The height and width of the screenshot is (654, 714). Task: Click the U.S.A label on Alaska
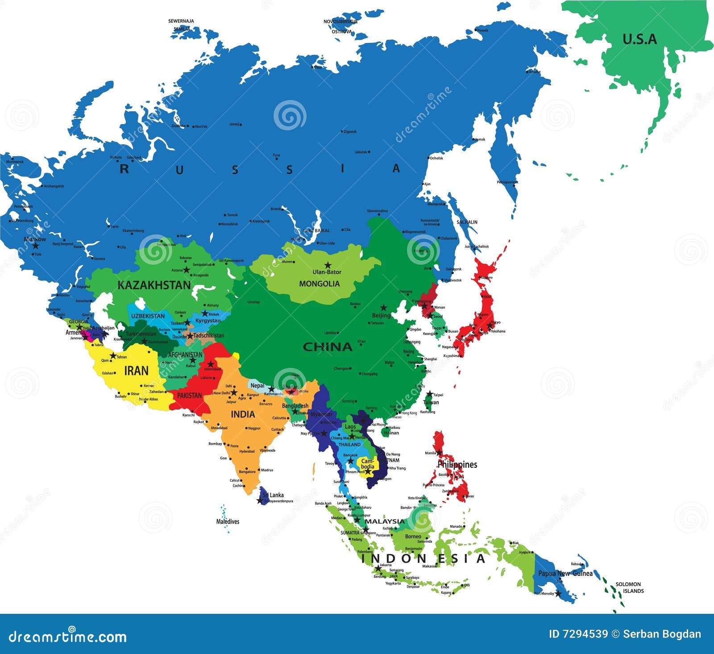pos(639,39)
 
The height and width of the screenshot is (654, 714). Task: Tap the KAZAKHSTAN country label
pos(154,285)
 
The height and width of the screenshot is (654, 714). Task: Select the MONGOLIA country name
pos(319,283)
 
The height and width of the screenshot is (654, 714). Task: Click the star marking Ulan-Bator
pos(328,265)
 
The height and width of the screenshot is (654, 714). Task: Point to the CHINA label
pos(328,347)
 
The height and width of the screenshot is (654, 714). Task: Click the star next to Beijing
pos(383,308)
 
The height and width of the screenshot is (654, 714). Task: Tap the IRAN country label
pos(136,371)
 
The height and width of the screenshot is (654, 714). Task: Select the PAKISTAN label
pos(190,396)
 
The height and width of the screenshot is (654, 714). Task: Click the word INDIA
pos(243,414)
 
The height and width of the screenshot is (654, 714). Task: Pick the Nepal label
pos(257,385)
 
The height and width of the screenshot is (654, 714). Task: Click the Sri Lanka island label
pos(273,495)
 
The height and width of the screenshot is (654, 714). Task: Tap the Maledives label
pos(228,521)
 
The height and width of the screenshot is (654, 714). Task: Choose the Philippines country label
pos(457,464)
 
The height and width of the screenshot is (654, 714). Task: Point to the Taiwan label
pos(431,402)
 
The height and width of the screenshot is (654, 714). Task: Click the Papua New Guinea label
pos(565,573)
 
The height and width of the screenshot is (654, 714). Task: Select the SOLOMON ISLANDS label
pos(628,587)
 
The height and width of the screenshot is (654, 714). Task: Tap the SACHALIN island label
pos(467,222)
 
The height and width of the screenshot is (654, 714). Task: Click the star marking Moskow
pos(35,246)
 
